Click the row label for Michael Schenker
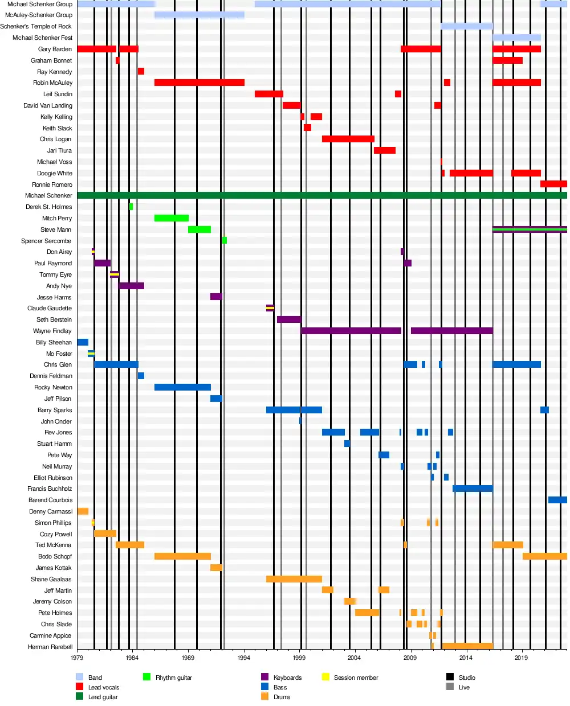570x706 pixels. click(x=48, y=195)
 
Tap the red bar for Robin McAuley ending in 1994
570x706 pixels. click(x=199, y=83)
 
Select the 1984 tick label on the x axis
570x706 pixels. click(x=132, y=658)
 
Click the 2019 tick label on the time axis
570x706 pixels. click(x=521, y=658)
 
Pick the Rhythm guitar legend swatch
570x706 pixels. click(x=146, y=677)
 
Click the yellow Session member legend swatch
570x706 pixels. click(x=325, y=677)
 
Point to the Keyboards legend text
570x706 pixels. click(x=287, y=678)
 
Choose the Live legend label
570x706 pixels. click(x=464, y=687)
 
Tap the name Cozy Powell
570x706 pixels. click(x=56, y=534)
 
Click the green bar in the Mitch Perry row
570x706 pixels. click(x=171, y=218)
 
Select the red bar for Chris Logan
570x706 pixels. click(x=348, y=139)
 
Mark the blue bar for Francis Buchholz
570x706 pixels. click(x=473, y=489)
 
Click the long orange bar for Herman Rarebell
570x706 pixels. click(x=467, y=646)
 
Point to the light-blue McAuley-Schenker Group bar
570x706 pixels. click(x=199, y=15)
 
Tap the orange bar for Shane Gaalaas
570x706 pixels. click(x=294, y=579)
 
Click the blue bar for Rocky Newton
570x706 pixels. click(x=182, y=387)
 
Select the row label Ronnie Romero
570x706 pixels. click(x=52, y=184)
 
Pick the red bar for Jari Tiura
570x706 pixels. click(x=384, y=150)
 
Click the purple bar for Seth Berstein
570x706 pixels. click(x=289, y=319)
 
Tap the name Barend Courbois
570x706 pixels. click(x=50, y=500)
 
